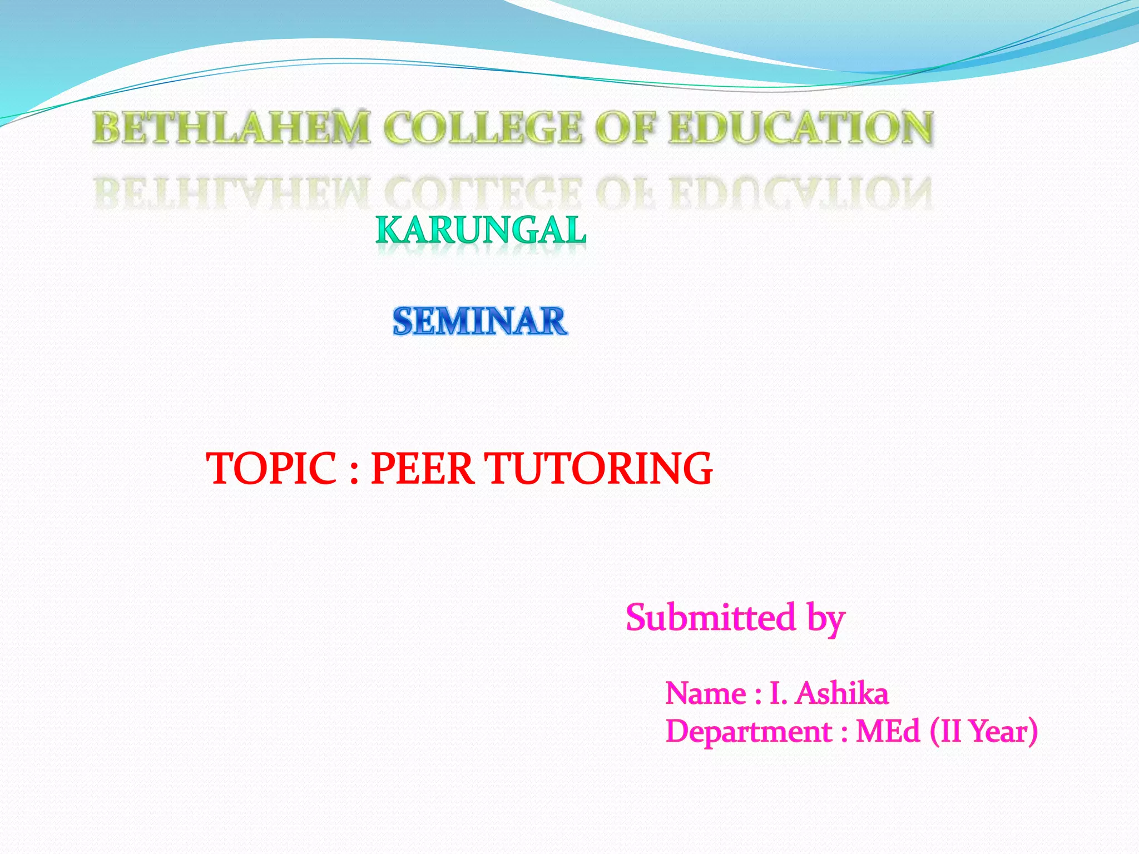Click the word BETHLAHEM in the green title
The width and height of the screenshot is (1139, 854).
pyautogui.click(x=231, y=127)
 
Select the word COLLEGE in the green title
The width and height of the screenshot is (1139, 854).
pyautogui.click(x=482, y=127)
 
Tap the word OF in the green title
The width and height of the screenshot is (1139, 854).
pyautogui.click(x=626, y=127)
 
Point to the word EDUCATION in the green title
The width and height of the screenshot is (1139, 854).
pyautogui.click(x=801, y=127)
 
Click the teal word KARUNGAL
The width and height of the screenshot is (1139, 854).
pyautogui.click(x=481, y=230)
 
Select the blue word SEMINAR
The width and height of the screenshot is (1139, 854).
pyautogui.click(x=480, y=321)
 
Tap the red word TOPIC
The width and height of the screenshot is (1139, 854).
pyautogui.click(x=271, y=469)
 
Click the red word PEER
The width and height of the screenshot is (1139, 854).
pyautogui.click(x=422, y=469)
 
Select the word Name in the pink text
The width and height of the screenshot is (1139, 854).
pyautogui.click(x=706, y=694)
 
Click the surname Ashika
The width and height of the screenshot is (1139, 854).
pyautogui.click(x=842, y=694)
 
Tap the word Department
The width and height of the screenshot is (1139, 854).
pyautogui.click(x=749, y=732)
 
